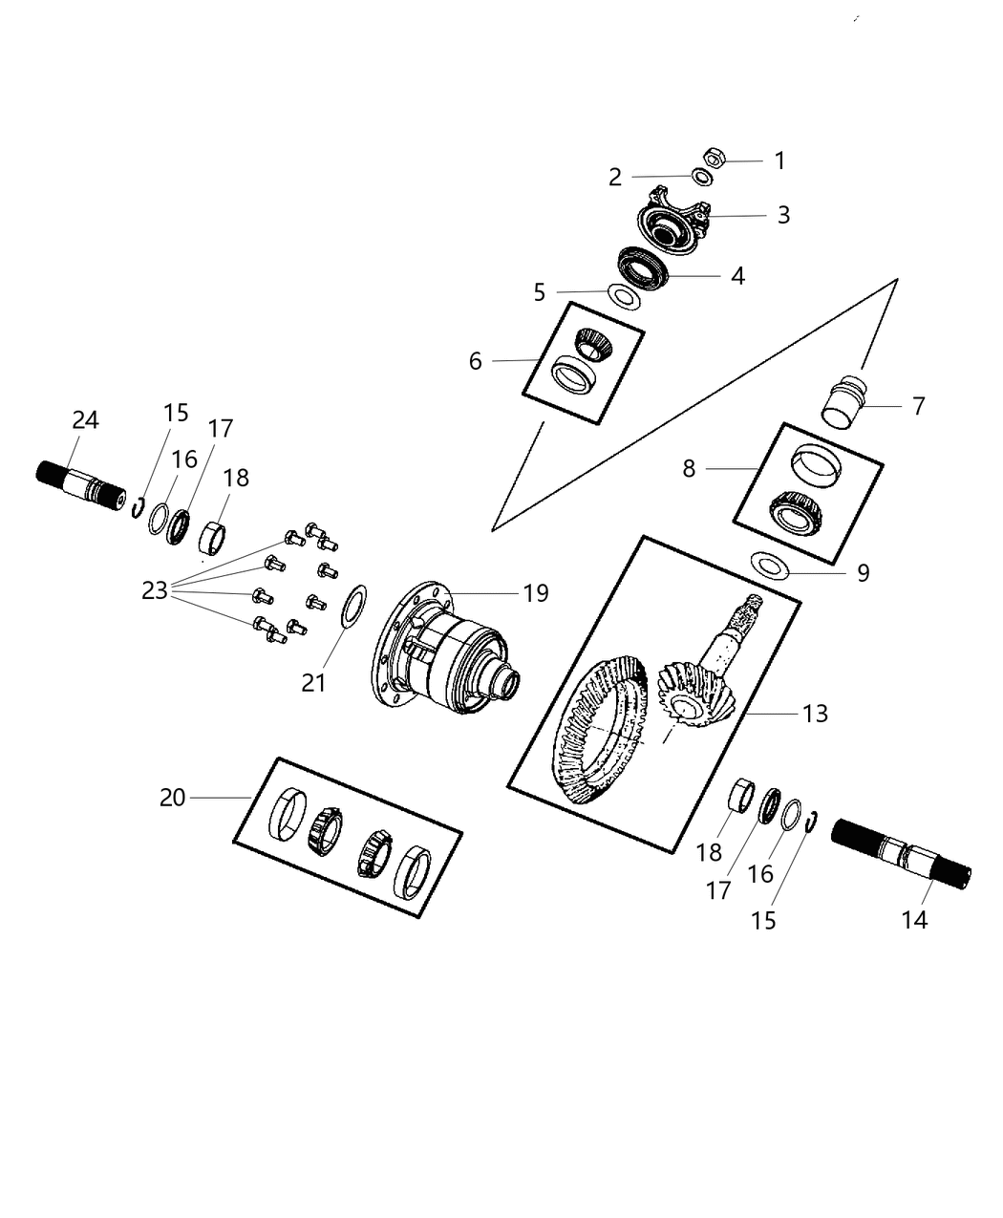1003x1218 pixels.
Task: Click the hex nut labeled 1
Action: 713,157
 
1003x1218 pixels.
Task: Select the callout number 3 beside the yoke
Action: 783,215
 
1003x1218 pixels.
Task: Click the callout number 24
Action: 86,420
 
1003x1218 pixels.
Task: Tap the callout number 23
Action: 155,591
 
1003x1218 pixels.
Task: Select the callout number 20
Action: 172,797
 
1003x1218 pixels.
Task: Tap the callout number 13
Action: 815,714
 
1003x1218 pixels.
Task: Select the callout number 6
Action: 475,360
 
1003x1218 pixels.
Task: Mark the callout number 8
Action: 690,468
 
